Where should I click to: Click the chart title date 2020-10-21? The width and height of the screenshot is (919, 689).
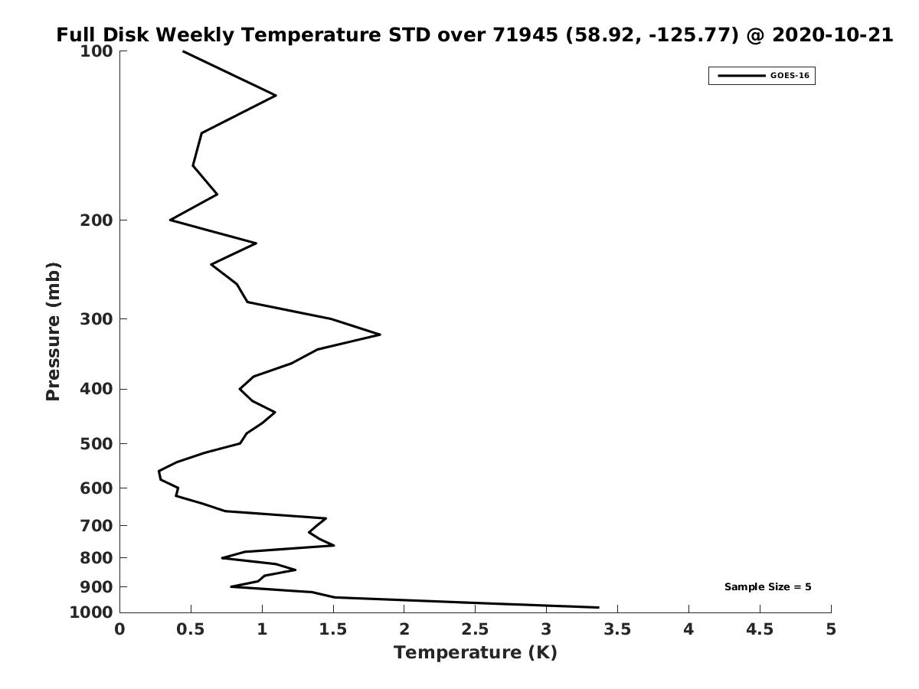(832, 35)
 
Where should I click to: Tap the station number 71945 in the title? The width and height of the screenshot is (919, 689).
(525, 35)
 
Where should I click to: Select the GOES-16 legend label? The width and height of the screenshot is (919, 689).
(790, 76)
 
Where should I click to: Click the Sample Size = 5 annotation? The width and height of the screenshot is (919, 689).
(768, 586)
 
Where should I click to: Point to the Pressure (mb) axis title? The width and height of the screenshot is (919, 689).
(53, 331)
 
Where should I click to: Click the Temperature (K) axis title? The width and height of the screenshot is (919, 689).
(476, 652)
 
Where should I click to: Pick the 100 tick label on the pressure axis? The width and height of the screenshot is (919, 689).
(96, 51)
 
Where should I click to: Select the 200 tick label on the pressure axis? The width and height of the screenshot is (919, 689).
(96, 220)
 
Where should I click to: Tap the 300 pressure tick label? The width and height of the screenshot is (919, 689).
(96, 319)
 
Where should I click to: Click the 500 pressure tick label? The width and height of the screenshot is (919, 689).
(96, 443)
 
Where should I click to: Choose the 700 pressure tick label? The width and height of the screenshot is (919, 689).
(96, 525)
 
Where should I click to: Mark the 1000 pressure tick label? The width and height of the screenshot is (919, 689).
(91, 612)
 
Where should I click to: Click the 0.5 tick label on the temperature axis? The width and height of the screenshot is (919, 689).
(191, 629)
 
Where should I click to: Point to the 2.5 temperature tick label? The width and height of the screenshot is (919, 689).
(476, 629)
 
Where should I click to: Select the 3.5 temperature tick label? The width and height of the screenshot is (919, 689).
(617, 629)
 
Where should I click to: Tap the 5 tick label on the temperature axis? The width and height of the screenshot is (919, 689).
(831, 629)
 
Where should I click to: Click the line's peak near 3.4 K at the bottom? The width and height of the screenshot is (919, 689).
(599, 607)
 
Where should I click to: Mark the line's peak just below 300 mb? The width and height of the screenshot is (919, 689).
(380, 335)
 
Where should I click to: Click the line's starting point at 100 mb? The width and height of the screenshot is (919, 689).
(183, 51)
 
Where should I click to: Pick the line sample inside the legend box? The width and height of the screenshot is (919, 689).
(741, 76)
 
